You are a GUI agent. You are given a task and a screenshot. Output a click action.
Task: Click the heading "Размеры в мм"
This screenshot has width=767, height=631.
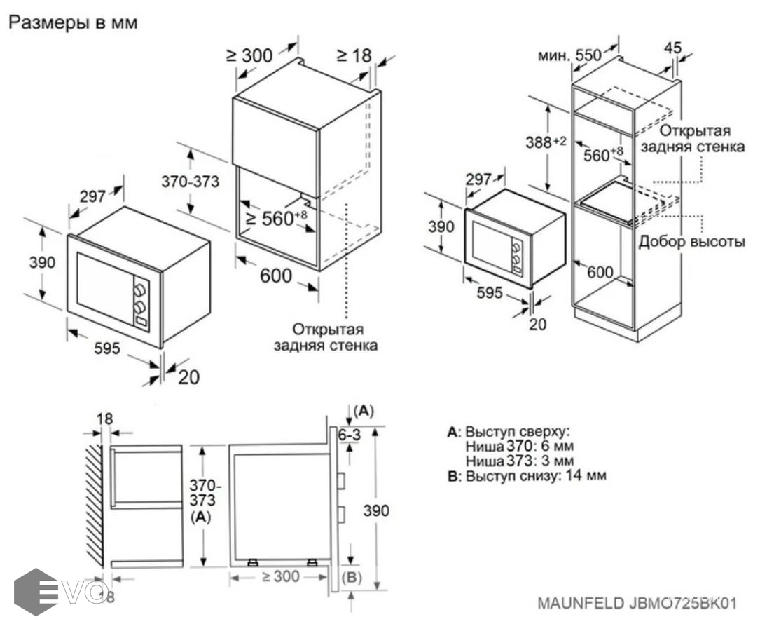click(73, 22)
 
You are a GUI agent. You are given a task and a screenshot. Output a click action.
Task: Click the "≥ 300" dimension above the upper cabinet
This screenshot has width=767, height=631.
click(250, 55)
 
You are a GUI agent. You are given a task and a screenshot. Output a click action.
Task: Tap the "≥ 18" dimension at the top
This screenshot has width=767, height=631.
click(353, 55)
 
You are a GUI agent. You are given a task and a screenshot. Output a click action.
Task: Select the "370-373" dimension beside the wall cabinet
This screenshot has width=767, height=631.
click(191, 181)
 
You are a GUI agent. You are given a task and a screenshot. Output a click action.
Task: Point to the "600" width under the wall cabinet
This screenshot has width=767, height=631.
click(276, 276)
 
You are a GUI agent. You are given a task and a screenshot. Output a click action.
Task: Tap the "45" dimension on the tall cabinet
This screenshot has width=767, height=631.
click(672, 48)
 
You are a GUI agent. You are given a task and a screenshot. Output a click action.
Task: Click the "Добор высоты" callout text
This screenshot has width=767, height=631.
click(691, 242)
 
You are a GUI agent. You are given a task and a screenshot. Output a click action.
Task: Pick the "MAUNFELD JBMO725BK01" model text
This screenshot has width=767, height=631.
click(637, 603)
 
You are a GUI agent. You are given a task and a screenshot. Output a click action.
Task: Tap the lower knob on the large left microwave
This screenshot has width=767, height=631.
click(141, 307)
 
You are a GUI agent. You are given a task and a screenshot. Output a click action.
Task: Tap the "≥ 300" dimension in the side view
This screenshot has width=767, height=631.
click(280, 576)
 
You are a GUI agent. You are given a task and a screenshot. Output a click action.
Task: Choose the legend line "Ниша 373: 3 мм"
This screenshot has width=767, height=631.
click(519, 461)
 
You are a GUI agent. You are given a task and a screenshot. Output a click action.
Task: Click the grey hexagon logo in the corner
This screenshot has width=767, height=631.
click(36, 592)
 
